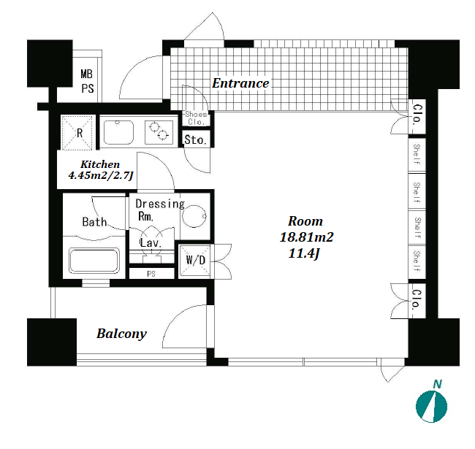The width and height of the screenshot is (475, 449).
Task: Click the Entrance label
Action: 240,83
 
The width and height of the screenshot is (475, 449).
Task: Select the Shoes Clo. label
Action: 196,118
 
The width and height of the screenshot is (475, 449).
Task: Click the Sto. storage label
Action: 195,139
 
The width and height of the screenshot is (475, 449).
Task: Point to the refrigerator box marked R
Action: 78,132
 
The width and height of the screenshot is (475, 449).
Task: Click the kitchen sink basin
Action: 119,132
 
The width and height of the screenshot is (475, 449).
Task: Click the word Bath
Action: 94,222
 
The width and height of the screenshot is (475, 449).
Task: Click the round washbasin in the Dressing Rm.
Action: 194,217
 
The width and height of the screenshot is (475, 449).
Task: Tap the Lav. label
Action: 151,242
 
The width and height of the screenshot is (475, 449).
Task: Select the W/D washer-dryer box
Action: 195,260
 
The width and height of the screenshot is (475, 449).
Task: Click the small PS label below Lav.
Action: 151,275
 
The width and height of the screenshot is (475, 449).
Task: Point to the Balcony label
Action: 121,334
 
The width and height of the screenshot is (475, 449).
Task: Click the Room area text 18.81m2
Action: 306,237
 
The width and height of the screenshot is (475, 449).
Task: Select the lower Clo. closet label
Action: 416,299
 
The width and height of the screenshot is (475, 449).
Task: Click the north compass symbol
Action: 431,406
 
